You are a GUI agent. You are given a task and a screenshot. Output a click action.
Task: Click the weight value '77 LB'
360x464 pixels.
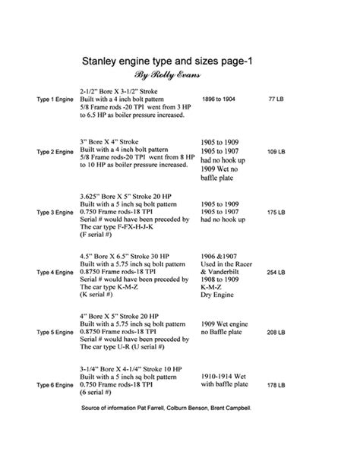(276, 99)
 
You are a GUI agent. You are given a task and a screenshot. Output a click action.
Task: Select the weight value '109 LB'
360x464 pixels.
(276, 152)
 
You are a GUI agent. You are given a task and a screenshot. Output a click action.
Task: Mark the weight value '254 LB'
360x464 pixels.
(276, 270)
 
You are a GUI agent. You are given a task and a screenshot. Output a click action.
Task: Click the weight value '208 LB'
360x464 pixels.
(276, 333)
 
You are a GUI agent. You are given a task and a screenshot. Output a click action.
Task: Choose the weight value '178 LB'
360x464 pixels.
(276, 386)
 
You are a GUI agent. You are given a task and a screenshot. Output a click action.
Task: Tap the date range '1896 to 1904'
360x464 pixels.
(219, 99)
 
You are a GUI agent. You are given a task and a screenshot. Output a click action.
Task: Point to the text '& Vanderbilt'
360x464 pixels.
(222, 272)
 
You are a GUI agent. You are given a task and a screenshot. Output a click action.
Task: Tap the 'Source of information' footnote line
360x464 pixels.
(165, 409)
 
